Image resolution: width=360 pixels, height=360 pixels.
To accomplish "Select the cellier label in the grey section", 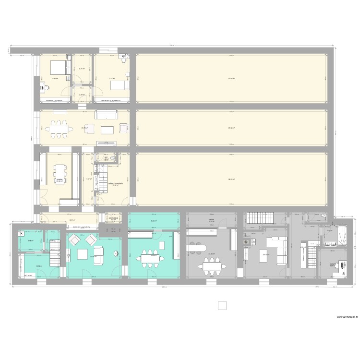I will (211, 220).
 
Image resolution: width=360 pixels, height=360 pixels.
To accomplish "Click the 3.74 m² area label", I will (82, 69).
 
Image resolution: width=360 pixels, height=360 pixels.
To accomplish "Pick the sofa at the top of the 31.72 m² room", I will (106, 114).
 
